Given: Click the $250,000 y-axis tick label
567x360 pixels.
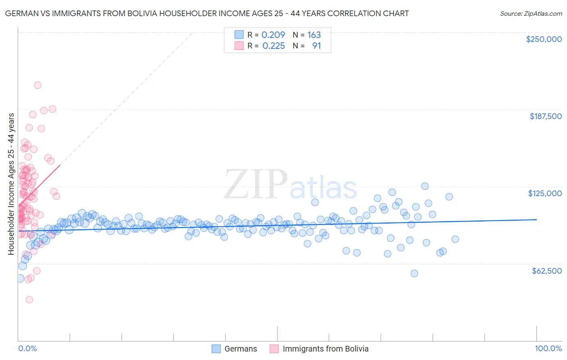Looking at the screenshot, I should [x=544, y=39].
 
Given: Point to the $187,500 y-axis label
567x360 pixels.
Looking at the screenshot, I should [x=545, y=116].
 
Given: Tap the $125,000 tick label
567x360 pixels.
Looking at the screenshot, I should [x=545, y=193].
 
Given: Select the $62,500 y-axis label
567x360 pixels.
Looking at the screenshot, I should [x=546, y=271].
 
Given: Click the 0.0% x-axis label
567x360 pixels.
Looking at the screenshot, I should [x=27, y=348].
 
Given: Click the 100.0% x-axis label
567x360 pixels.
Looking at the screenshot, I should [x=548, y=348].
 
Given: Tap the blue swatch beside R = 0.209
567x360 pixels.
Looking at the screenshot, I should [x=239, y=35].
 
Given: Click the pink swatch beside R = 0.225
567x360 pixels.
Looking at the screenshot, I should [x=239, y=46].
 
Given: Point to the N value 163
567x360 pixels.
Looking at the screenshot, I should [x=314, y=35].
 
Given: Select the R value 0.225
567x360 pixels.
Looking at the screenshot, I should [x=273, y=46].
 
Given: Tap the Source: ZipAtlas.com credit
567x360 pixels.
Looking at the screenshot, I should [x=531, y=13].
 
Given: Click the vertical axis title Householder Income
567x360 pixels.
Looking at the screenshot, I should [x=11, y=184].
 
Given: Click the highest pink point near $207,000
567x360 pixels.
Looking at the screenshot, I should [x=38, y=85].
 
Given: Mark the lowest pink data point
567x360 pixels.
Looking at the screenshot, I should [x=29, y=299].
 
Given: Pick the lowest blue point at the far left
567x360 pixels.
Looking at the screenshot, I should [x=20, y=278].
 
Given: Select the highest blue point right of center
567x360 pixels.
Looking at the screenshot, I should [x=425, y=186].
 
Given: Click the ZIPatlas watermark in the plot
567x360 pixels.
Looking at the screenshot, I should [x=290, y=184].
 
